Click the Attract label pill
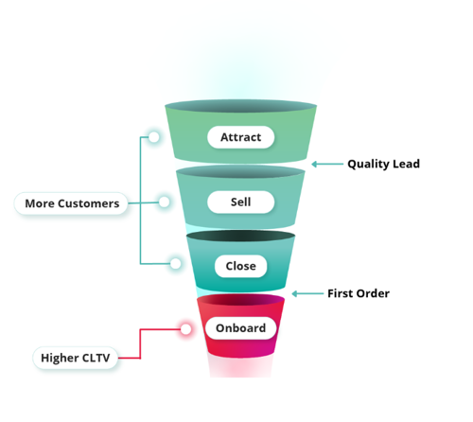240,137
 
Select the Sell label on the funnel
240,202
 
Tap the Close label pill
240,266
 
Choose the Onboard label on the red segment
240,328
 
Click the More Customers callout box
71,203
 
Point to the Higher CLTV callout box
76,358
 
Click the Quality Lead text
383,164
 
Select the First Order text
359,293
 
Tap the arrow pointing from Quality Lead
327,164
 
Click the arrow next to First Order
307,294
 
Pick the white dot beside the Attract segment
154,137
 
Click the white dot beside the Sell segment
164,202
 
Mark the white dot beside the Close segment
176,264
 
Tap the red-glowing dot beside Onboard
185,329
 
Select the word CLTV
96,358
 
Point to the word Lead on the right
407,164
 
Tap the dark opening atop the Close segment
240,236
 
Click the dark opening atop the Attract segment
240,106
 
